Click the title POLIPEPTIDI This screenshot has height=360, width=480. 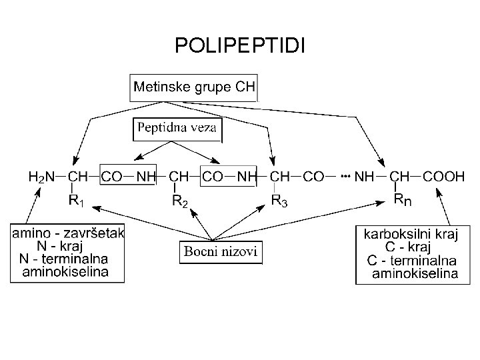(239, 45)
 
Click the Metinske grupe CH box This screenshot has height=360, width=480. (194, 87)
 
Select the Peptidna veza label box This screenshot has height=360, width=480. (177, 128)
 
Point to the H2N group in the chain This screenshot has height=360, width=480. (41, 177)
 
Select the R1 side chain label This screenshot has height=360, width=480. (77, 199)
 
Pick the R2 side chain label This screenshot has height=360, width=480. (180, 200)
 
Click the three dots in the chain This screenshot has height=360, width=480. (345, 177)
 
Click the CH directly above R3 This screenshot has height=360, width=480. (281, 177)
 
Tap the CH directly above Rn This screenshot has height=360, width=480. (400, 177)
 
